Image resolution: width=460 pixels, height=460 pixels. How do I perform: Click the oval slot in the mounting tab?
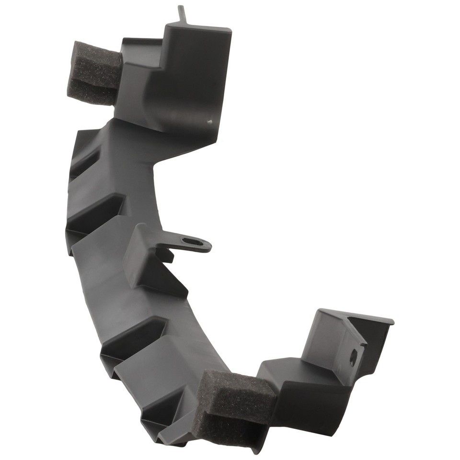(x=193, y=242)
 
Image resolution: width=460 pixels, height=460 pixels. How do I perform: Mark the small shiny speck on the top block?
(x=209, y=122)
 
